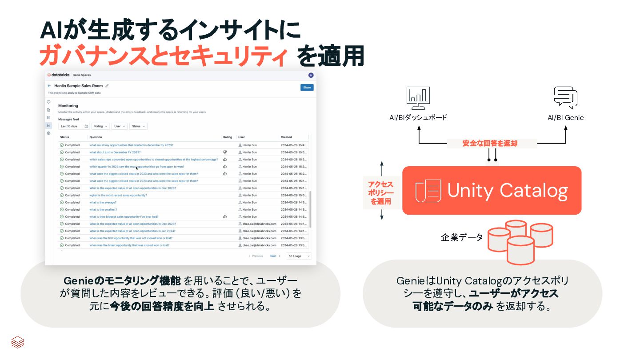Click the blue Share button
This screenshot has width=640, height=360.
coord(307,88)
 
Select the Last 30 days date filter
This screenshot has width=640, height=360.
coord(74,126)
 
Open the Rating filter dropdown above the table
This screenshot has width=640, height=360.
coord(100,126)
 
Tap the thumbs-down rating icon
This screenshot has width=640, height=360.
coord(225,152)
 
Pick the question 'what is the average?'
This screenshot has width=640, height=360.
coord(103,202)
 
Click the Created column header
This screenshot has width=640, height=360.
coord(286,137)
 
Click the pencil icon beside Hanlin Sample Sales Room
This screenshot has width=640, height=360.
coord(107,86)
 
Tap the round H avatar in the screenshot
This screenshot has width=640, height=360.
coord(311,75)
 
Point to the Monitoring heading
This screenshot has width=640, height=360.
coord(68,106)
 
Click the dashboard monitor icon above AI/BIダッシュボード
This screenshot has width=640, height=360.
coord(418,98)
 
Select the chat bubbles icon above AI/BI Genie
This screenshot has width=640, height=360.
coord(565,98)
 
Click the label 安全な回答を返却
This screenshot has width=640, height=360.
coord(490,144)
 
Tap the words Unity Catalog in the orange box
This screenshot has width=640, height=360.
coord(508,190)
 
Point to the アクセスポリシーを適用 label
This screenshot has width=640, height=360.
coord(381,193)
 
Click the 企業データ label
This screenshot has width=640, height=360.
coord(461,237)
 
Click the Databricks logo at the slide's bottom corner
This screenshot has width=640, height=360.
coord(17,342)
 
